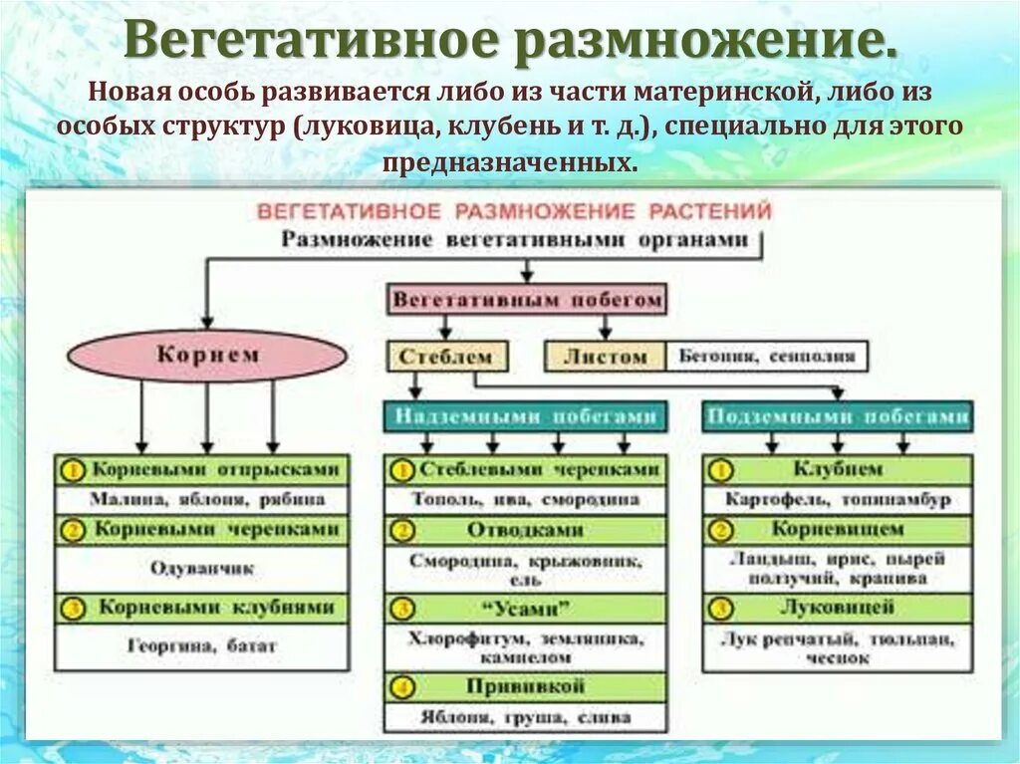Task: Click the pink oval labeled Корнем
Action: (207, 356)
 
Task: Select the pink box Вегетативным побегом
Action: (526, 299)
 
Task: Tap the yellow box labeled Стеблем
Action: (446, 357)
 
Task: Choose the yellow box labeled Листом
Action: (605, 357)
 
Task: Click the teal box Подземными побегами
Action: (836, 416)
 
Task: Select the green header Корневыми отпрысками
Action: (202, 470)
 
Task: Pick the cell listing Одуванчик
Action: (202, 568)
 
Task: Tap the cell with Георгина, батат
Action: (202, 645)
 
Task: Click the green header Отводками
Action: (525, 530)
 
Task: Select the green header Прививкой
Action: (525, 687)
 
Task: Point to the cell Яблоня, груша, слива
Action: (525, 716)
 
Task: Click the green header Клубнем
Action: (837, 469)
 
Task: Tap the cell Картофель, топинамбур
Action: (837, 499)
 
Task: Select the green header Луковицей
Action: (837, 608)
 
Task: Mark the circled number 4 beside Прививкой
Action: (401, 687)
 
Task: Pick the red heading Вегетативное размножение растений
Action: (514, 211)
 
